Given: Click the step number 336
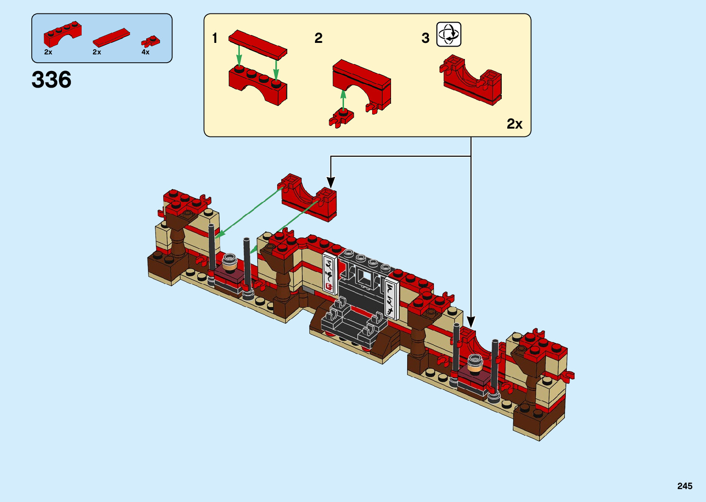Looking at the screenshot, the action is pos(51,79).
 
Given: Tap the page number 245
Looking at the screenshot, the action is pos(685,486).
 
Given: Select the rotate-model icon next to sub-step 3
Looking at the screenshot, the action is pos(449,34).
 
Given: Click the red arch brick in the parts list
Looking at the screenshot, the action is pos(62,34).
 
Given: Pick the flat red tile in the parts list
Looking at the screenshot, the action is pos(111,37).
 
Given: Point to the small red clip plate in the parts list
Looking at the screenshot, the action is pos(150,41).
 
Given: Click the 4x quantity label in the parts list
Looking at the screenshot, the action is pos(145,52).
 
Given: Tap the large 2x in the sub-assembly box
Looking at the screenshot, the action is pos(514,124).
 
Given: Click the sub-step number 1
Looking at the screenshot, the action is pos(215,38).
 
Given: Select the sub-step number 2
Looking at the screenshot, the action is pos(318,38).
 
